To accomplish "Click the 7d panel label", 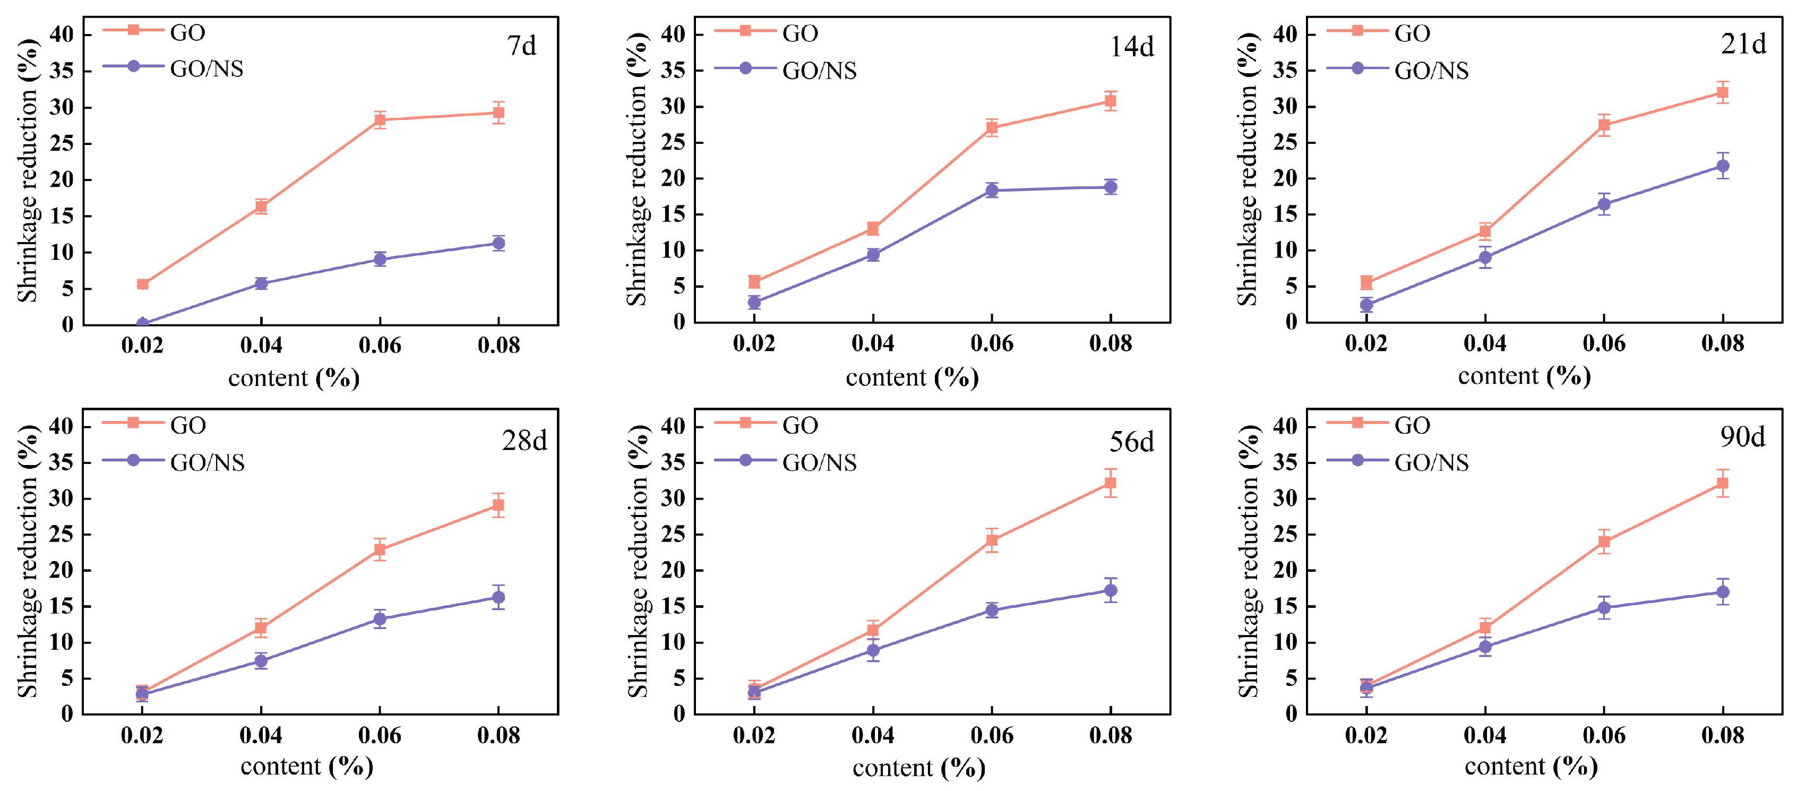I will pyautogui.click(x=521, y=46).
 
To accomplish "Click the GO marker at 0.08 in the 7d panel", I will pyautogui.click(x=498, y=113).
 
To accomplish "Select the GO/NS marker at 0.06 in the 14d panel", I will pyautogui.click(x=991, y=191).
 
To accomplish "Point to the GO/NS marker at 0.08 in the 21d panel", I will pyautogui.click(x=1722, y=166).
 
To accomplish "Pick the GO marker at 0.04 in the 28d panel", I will pyautogui.click(x=261, y=628).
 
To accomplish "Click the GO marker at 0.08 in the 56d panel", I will pyautogui.click(x=1110, y=483).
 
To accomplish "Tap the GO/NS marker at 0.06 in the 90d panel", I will pyautogui.click(x=1604, y=607).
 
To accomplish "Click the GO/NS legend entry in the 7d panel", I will pyautogui.click(x=207, y=69).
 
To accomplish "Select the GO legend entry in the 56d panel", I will pyautogui.click(x=799, y=425).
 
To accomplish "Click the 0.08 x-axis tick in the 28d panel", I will pyautogui.click(x=498, y=736).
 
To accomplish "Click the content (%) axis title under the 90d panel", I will pyautogui.click(x=1531, y=767).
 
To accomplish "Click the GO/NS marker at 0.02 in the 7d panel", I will pyautogui.click(x=142, y=324).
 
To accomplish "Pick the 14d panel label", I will pyautogui.click(x=1131, y=47).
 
